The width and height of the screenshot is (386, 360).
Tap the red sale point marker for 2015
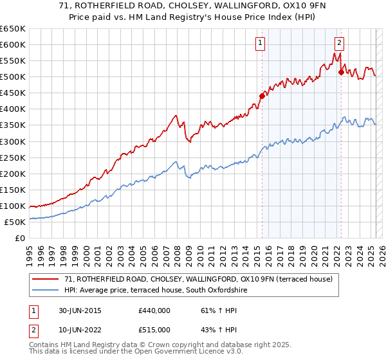262,96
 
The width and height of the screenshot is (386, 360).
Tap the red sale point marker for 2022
341,72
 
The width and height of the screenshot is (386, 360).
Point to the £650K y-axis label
13,29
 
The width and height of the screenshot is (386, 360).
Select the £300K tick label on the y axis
13,141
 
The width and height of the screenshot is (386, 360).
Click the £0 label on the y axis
20,238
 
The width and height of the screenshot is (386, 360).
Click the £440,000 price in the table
154,310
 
